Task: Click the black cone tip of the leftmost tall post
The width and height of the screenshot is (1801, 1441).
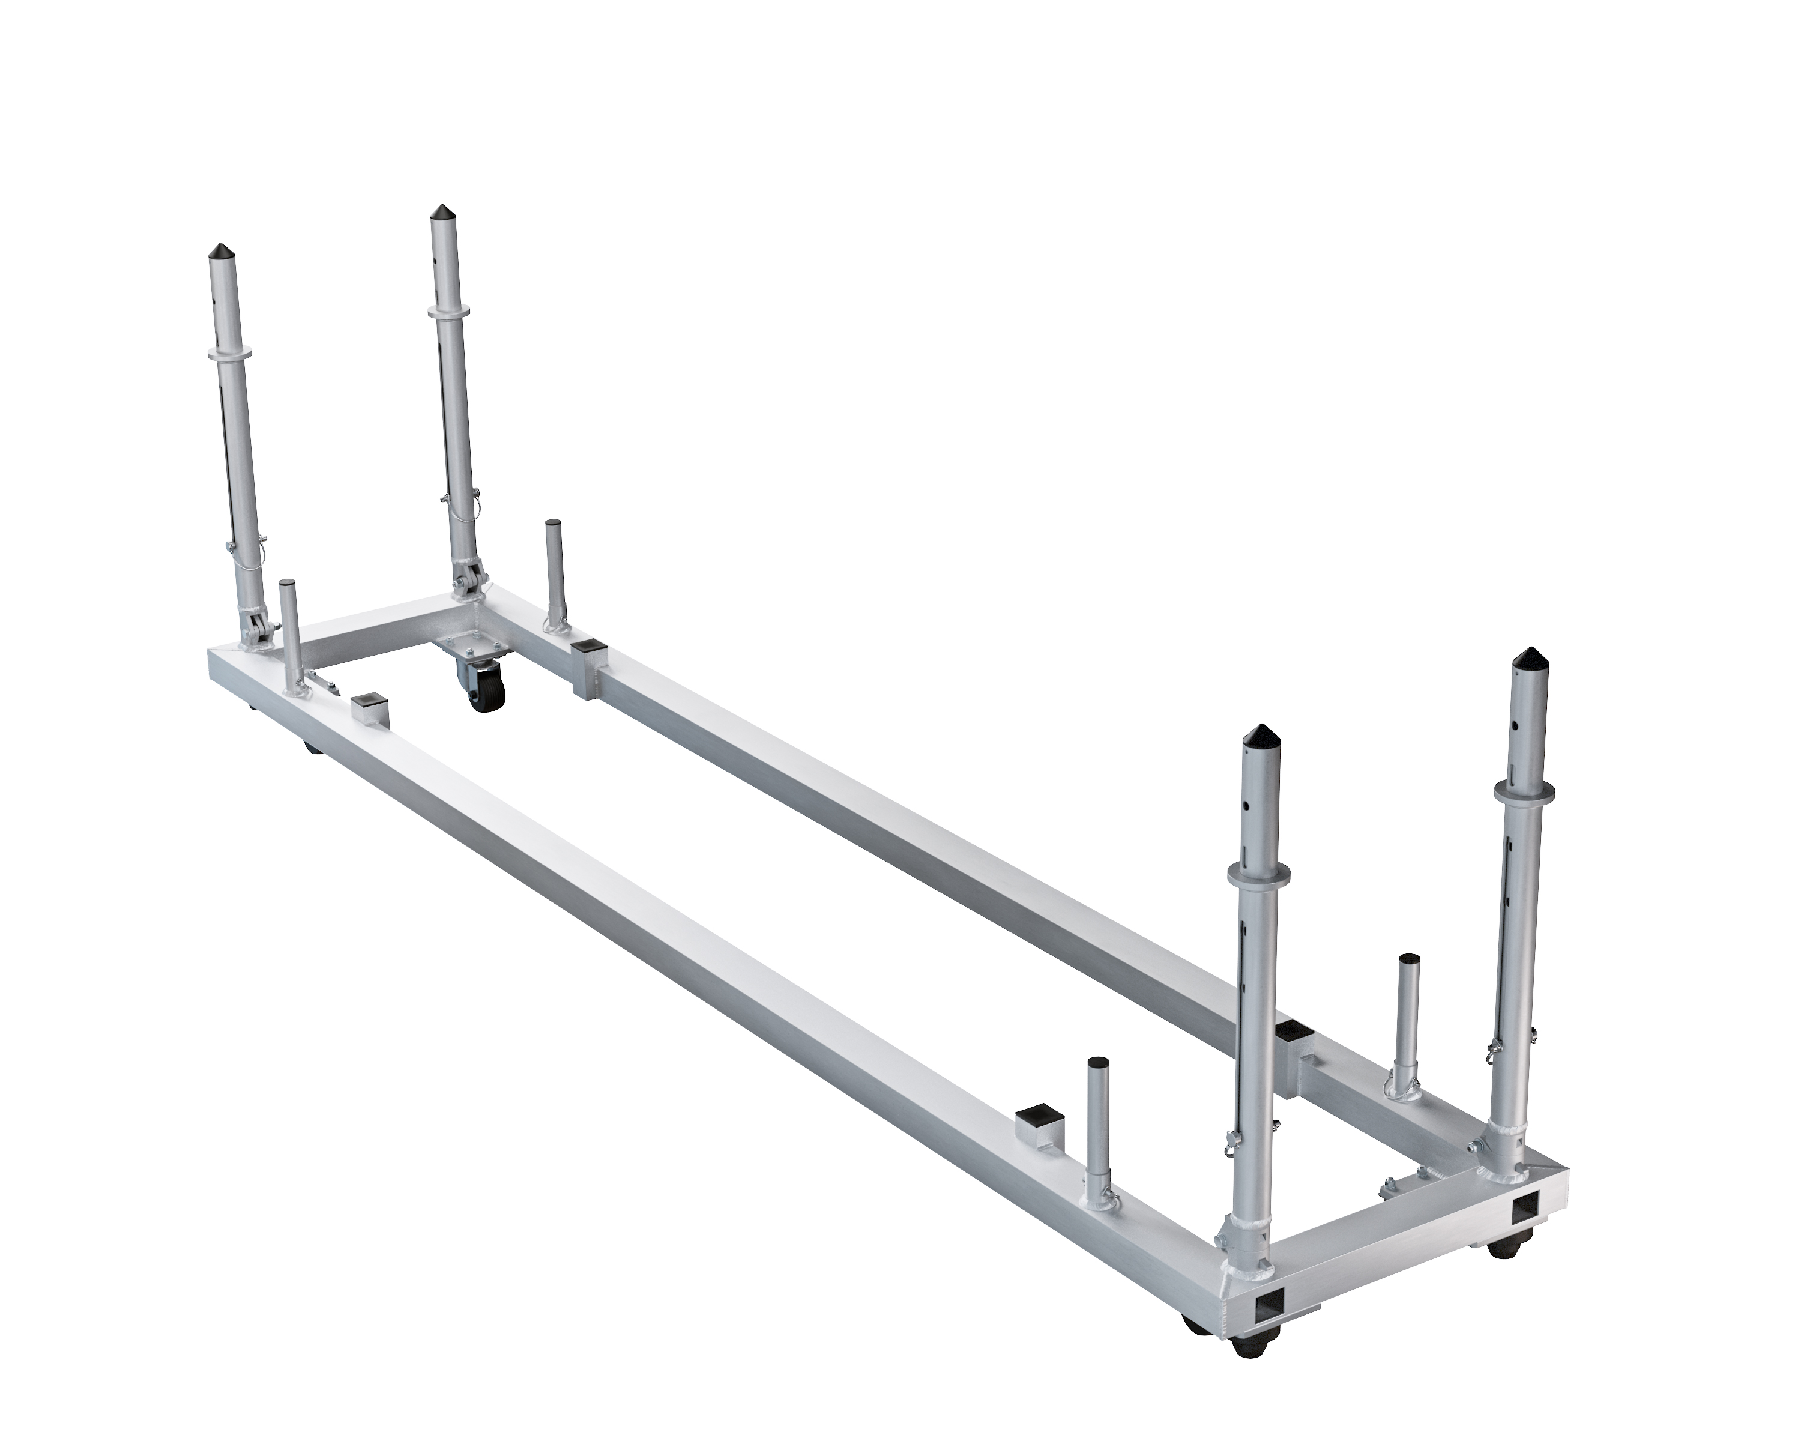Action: tap(222, 250)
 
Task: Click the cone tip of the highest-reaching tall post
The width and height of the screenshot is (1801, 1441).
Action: tap(440, 214)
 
